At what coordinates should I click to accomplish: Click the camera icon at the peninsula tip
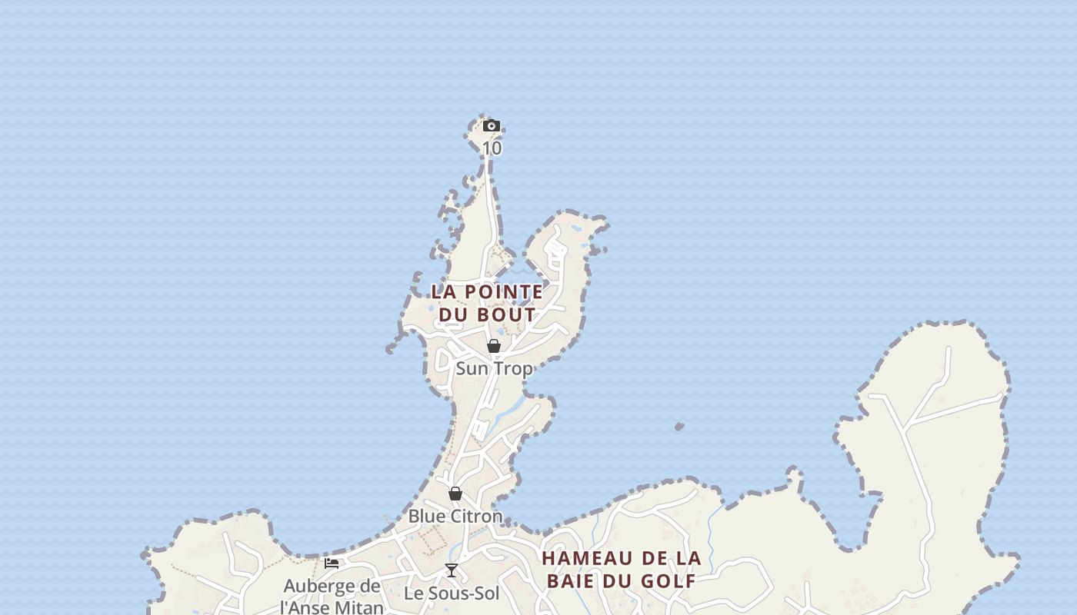[x=492, y=126]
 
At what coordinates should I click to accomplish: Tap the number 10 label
[x=492, y=148]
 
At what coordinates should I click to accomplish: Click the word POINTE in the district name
[x=505, y=292]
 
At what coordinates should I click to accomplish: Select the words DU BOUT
[x=487, y=314]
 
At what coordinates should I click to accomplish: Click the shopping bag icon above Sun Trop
[x=494, y=346]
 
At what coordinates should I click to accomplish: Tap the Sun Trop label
[x=494, y=369]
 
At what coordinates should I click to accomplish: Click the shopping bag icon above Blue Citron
[x=455, y=494]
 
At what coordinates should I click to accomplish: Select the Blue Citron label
[x=455, y=517]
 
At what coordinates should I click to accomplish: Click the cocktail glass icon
[x=452, y=570]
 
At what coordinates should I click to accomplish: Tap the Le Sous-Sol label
[x=452, y=593]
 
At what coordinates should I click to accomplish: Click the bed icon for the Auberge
[x=332, y=563]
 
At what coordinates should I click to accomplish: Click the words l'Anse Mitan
[x=332, y=607]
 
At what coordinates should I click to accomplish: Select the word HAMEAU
[x=587, y=558]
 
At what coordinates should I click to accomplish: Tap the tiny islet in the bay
[x=679, y=426]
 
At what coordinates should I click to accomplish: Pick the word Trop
[x=514, y=369]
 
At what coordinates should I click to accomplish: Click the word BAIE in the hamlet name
[x=575, y=580]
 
